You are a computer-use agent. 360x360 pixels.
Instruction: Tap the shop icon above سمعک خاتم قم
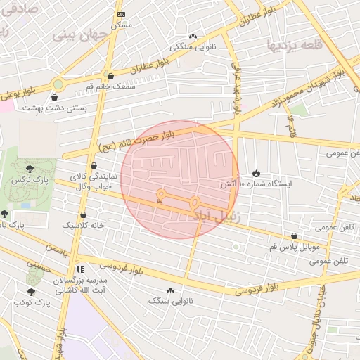[x=110, y=76]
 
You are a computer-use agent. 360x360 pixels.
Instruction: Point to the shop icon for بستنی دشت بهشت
[x=56, y=97]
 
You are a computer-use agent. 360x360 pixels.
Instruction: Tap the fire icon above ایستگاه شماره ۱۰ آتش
[x=255, y=173]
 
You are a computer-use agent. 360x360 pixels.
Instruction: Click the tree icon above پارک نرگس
[x=30, y=169]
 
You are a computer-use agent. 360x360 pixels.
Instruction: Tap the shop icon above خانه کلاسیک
[x=84, y=215]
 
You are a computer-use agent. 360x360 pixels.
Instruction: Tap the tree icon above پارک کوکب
[x=31, y=290]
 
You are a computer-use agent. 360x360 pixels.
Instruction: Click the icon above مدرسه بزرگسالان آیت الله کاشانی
[x=80, y=269]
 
